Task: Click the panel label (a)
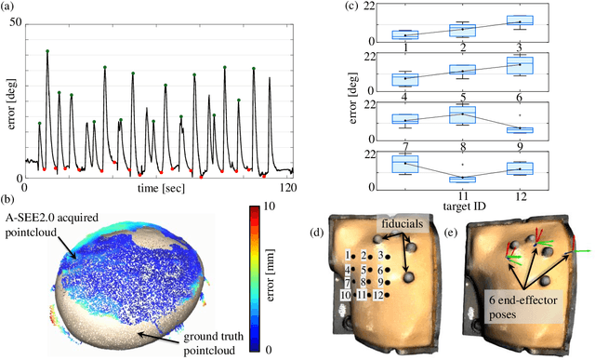tap(10, 7)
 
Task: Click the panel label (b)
tap(10, 198)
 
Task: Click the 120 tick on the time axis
tap(292, 188)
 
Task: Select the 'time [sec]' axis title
tap(157, 187)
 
